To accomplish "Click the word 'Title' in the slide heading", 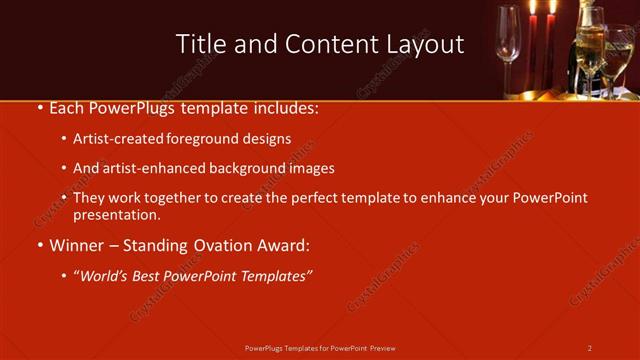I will (199, 44).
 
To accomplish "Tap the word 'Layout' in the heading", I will (426, 44).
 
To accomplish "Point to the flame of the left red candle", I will (532, 8).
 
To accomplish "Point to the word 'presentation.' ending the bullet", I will (117, 214).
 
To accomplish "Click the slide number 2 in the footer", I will (590, 348).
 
